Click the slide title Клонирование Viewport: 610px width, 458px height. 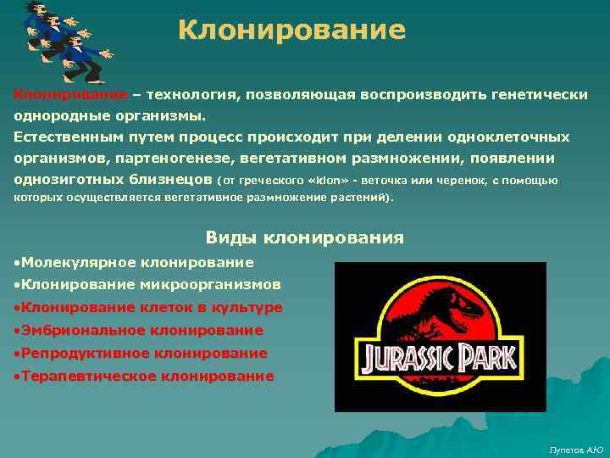pyautogui.click(x=292, y=31)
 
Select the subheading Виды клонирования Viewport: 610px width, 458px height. pyautogui.click(x=305, y=237)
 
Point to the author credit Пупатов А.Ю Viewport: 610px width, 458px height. pyautogui.click(x=576, y=449)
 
